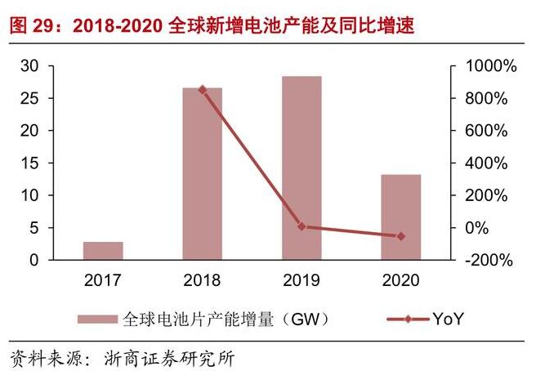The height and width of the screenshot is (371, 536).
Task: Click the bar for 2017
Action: (103, 251)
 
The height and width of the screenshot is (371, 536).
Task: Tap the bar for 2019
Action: (301, 168)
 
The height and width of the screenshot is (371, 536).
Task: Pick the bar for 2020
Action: (401, 217)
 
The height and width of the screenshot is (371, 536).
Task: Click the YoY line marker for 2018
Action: (202, 89)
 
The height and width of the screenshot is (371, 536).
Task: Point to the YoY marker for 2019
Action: (301, 226)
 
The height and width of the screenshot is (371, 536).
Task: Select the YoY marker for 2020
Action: (401, 236)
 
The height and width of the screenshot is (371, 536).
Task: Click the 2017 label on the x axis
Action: (103, 280)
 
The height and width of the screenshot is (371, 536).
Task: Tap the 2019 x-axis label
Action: (301, 280)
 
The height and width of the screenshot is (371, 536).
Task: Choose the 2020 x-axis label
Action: (401, 280)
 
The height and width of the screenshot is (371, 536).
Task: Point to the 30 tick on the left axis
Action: (29, 66)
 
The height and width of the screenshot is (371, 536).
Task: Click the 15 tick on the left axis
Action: (29, 163)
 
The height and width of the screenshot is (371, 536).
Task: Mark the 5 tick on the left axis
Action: (33, 228)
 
